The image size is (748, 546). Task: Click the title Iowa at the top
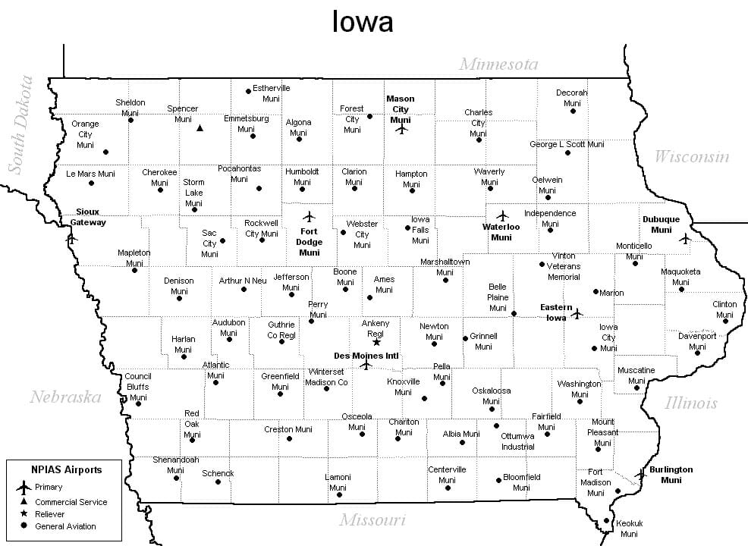tap(363, 22)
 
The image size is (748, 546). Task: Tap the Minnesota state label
tap(498, 64)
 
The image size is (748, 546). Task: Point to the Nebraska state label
tap(65, 397)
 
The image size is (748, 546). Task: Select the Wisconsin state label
tap(691, 157)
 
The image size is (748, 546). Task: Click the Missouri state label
tap(372, 520)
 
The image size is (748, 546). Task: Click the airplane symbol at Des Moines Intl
tap(366, 365)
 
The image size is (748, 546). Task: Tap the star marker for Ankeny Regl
tap(376, 342)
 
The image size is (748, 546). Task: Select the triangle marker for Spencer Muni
tap(200, 128)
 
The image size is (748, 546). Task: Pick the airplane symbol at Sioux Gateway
tap(72, 237)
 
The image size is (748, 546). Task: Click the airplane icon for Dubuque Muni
tap(685, 239)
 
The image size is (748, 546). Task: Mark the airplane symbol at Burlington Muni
tap(640, 474)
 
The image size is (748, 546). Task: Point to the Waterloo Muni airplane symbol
tap(501, 215)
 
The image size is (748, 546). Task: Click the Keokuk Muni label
tap(629, 529)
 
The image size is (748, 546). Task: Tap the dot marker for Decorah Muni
tap(573, 111)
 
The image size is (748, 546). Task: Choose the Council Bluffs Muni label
tap(138, 386)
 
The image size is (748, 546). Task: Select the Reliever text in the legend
tap(50, 514)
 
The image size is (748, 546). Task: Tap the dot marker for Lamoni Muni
tap(339, 495)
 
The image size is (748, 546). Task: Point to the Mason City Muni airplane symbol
tap(401, 129)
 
